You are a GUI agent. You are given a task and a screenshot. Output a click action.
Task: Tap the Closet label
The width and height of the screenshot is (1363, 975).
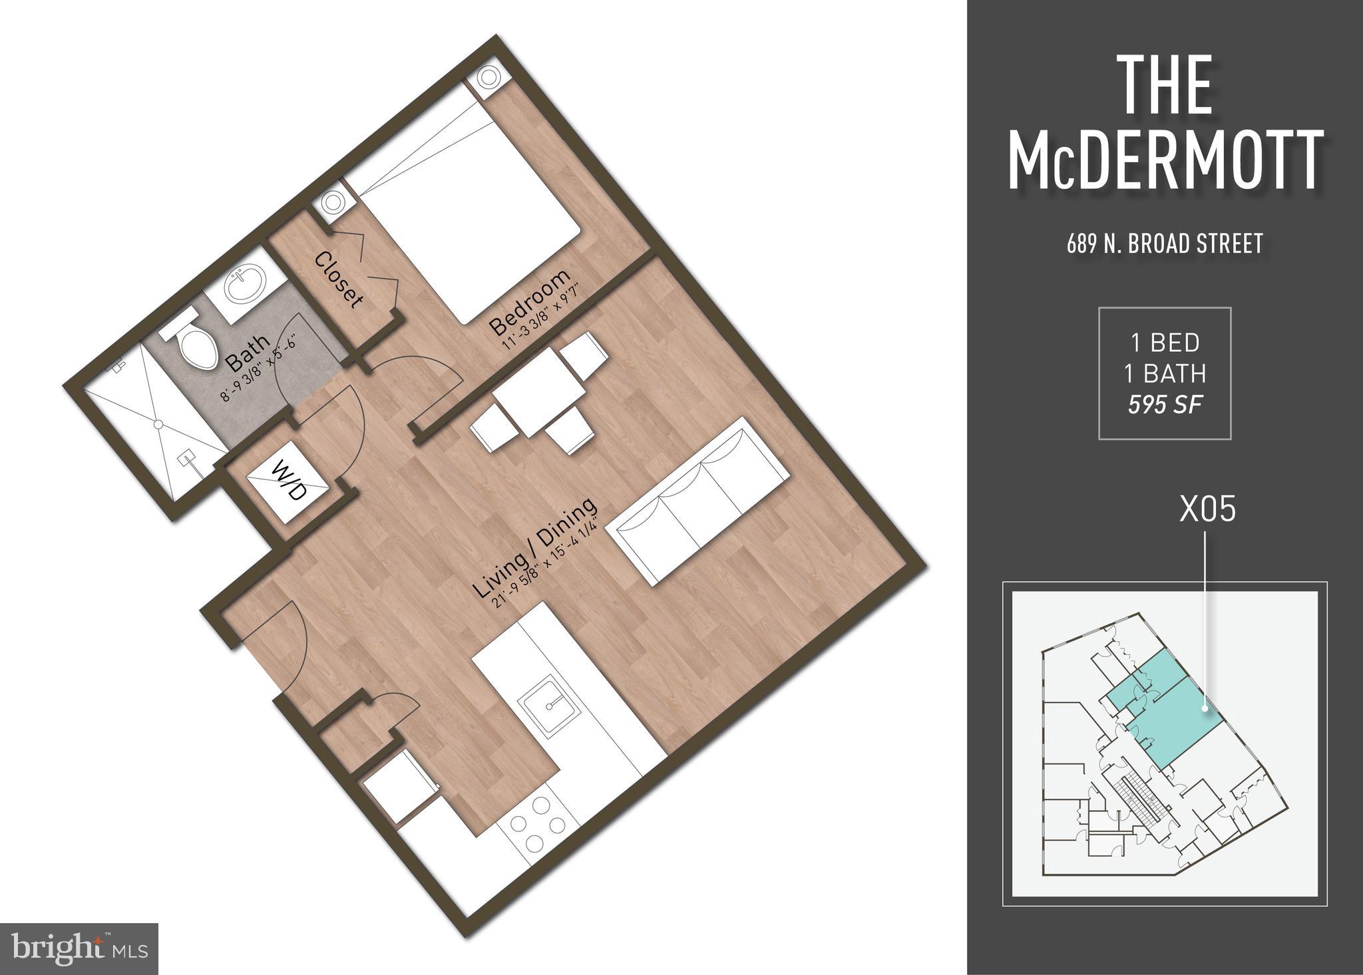tap(339, 280)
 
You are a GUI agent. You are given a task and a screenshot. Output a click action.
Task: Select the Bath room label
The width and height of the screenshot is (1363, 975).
tap(248, 353)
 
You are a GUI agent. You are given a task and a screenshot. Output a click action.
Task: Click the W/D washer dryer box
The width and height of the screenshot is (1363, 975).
tap(287, 482)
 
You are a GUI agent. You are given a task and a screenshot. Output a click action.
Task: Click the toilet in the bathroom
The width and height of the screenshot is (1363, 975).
tap(196, 345)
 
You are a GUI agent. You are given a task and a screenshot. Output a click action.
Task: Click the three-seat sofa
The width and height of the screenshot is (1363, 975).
tap(702, 500)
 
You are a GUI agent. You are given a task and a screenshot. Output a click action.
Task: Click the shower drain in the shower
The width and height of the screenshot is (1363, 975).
tap(158, 423)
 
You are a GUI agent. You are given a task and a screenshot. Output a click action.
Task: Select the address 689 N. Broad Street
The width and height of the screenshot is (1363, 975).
tap(1165, 244)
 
